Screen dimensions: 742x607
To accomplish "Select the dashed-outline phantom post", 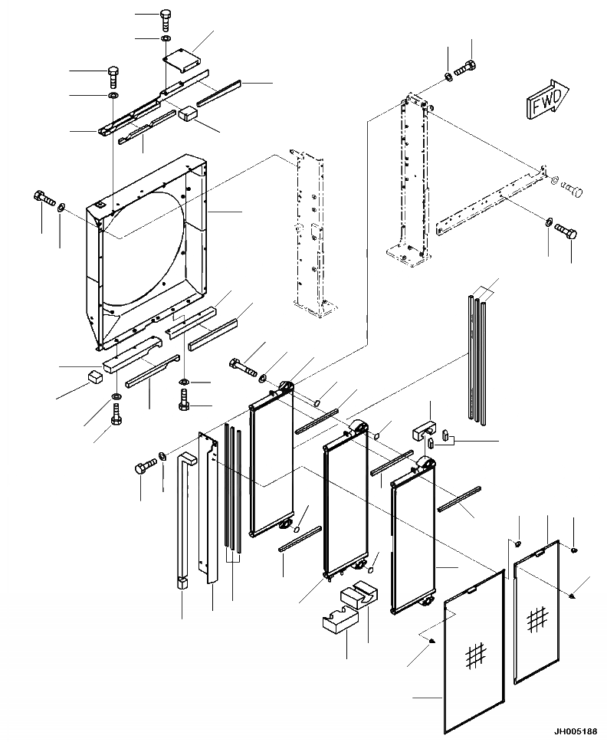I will click(310, 230).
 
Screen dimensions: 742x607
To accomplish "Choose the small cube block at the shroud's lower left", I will click(95, 376).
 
